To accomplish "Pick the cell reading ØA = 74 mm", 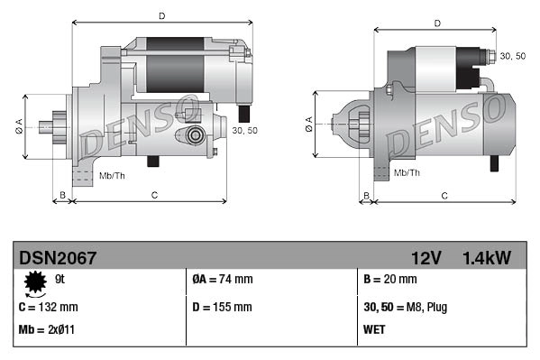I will coord(223,281).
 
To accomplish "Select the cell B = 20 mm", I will coord(389,281).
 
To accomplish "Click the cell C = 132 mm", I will coord(48,308).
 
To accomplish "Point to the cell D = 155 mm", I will coord(222,308).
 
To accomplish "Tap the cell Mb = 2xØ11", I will coord(47,329).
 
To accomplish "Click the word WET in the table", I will coord(374,329).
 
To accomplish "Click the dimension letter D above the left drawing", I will coord(161,15).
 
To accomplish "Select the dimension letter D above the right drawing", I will coord(436,23).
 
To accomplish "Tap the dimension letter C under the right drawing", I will coord(444,195).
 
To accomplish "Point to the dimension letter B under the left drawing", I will coord(62,195).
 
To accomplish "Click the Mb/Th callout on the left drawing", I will coord(114,174).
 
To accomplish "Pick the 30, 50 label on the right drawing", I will coord(513,56).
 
